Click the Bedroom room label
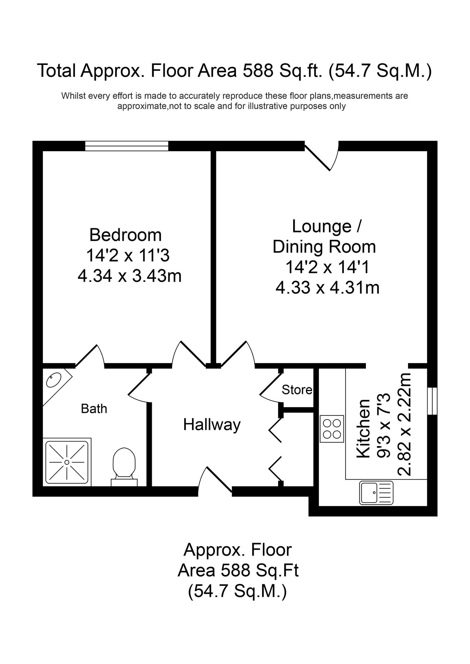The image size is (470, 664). click(x=126, y=235)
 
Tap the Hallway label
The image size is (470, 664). click(x=212, y=425)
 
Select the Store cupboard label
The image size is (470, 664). click(x=297, y=390)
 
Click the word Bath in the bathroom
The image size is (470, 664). click(x=94, y=409)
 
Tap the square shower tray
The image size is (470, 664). click(x=67, y=461)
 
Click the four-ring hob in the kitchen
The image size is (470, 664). click(x=332, y=429)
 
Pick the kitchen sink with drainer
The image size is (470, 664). click(x=376, y=493)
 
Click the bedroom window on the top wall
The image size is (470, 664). click(x=127, y=146)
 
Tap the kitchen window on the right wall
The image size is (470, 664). click(x=432, y=401)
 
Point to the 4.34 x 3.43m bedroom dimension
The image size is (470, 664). click(x=130, y=276)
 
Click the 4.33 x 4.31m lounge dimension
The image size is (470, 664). click(x=327, y=287)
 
